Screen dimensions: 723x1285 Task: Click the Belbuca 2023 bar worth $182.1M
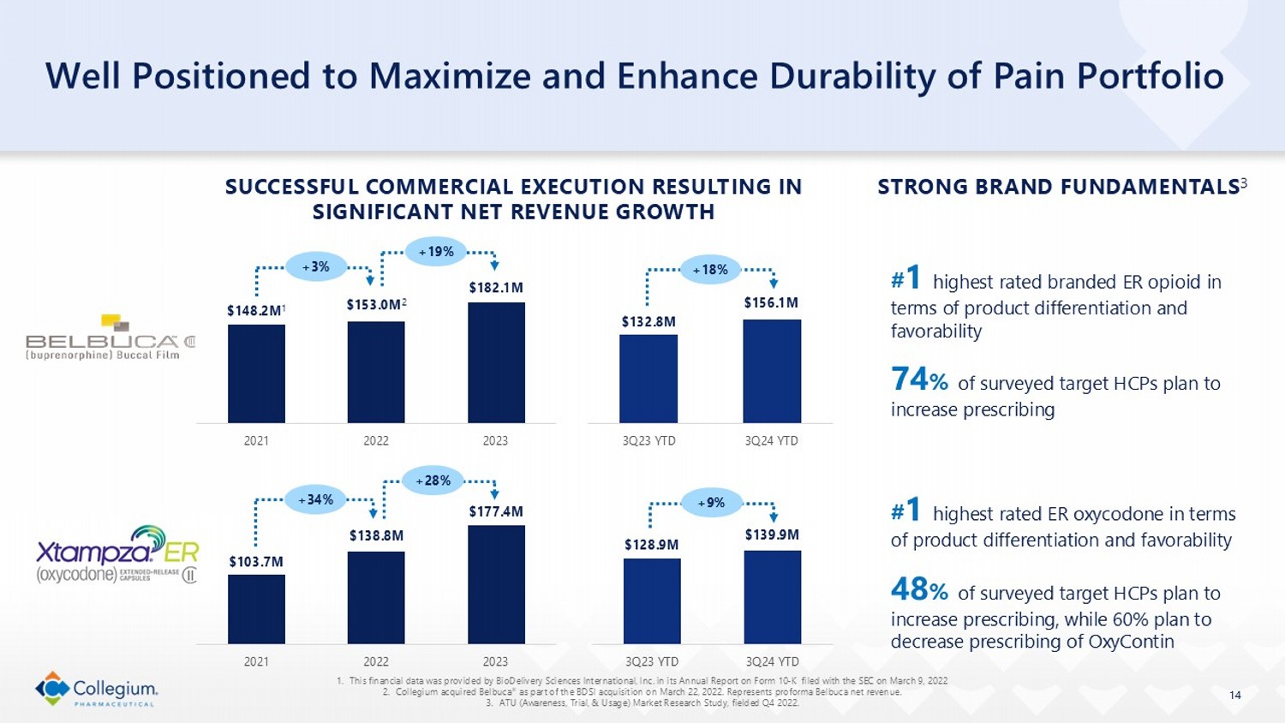pos(496,362)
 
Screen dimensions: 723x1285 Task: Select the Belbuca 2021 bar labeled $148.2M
pos(256,373)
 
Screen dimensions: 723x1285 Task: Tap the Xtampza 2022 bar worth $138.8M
pos(376,597)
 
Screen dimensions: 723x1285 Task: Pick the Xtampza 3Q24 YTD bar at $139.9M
pos(772,597)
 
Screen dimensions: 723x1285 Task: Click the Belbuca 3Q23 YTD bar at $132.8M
pos(648,379)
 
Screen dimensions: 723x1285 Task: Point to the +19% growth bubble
pos(436,252)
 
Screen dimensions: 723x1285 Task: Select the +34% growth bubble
pos(315,499)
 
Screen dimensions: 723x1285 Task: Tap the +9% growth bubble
pos(711,503)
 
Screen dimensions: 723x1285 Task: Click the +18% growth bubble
pos(710,270)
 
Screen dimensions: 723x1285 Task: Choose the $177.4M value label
pos(496,511)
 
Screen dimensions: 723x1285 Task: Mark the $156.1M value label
pos(771,302)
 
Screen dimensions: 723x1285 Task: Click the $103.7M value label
pos(256,561)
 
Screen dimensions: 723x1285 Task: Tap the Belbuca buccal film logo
pos(111,338)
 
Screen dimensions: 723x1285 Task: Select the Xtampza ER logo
pos(117,554)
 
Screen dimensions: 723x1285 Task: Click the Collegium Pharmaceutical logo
pos(97,689)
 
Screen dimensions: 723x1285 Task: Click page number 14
pos(1234,695)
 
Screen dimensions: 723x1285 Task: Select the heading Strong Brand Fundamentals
pos(1058,187)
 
